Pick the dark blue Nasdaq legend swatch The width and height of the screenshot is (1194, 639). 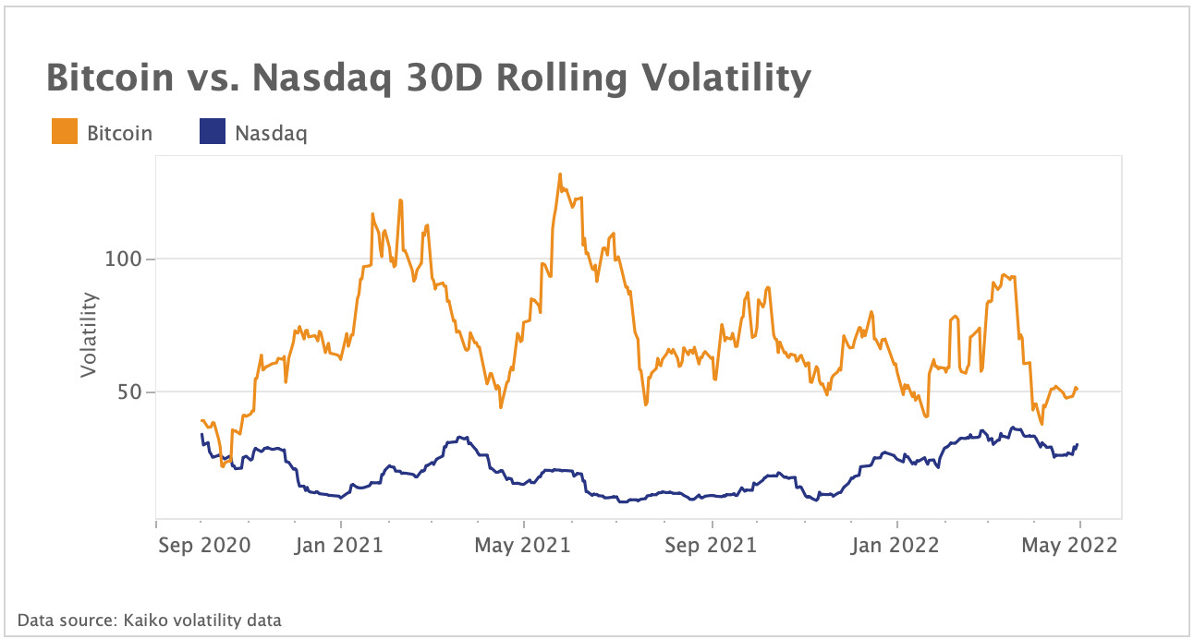click(x=213, y=133)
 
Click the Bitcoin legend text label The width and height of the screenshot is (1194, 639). click(x=119, y=133)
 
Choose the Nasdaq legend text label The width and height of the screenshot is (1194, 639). click(x=271, y=133)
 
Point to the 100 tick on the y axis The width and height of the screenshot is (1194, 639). click(x=126, y=259)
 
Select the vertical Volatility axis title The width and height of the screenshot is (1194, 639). click(x=89, y=334)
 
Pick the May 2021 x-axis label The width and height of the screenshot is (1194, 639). click(x=523, y=545)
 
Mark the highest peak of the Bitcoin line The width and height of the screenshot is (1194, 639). click(x=560, y=174)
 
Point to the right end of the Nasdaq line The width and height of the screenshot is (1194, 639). click(x=1078, y=445)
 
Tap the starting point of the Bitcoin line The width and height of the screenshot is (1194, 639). click(x=201, y=420)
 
